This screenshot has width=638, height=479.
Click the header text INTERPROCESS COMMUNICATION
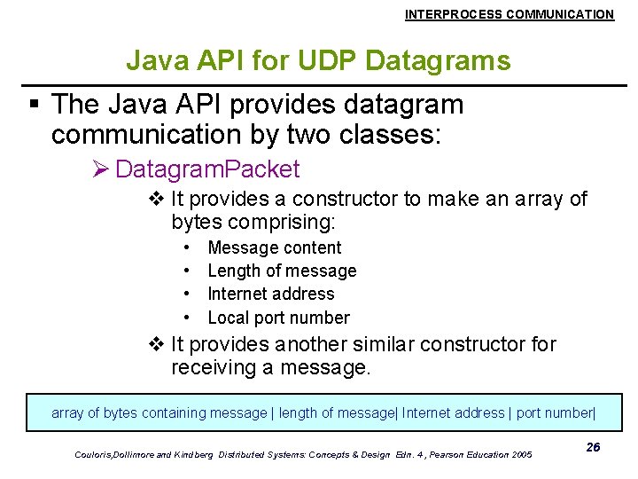click(x=509, y=14)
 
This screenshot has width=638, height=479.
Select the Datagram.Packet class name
click(x=207, y=169)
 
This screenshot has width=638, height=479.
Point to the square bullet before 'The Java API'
click(x=35, y=106)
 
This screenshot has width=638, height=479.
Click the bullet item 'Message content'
click(x=274, y=248)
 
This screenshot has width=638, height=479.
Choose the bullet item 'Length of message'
click(x=282, y=271)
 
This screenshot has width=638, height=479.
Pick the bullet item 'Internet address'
click(x=270, y=294)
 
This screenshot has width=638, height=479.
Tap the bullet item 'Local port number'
click(x=278, y=318)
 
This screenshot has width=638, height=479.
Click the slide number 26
click(x=593, y=447)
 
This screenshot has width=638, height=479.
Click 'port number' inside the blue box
click(x=556, y=412)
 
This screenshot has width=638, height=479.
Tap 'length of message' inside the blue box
click(x=337, y=412)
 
